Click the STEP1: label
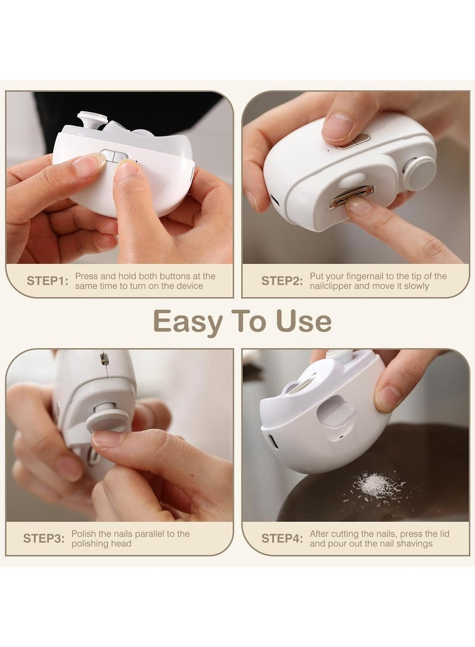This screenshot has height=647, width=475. pos(47,281)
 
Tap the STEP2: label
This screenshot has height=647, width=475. pos(282,281)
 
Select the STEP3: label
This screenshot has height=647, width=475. pos(44,538)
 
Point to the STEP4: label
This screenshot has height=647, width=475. pos(282,538)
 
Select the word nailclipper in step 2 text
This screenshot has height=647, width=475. pos(331,286)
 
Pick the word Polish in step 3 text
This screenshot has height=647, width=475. pos(84,534)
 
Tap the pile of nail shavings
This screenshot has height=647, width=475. pos(376,486)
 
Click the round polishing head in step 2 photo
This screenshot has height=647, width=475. pos(419,173)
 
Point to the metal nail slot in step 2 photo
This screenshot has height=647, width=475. pos(351,195)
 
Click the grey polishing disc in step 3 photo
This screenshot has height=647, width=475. pos(107,421)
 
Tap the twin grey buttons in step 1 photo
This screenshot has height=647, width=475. pos(115,156)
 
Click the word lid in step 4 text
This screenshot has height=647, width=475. pos(444,534)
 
